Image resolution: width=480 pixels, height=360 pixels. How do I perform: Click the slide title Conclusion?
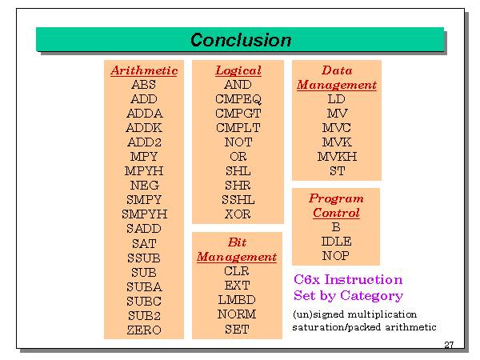(x=241, y=40)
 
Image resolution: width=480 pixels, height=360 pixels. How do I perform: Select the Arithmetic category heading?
(x=144, y=70)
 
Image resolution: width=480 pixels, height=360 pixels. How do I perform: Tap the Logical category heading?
(x=238, y=70)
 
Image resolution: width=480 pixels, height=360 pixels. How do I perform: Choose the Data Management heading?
(x=336, y=78)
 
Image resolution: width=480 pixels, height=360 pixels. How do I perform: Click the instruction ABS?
(x=144, y=85)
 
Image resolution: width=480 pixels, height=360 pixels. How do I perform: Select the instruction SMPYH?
(x=144, y=214)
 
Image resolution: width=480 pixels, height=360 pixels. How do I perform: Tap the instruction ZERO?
(x=144, y=330)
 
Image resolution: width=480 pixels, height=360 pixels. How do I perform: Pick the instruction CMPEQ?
(x=238, y=99)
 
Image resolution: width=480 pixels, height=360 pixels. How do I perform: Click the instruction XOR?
(x=238, y=214)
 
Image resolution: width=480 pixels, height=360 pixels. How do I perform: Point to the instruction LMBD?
(x=237, y=300)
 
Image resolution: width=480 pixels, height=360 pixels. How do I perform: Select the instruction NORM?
(x=237, y=314)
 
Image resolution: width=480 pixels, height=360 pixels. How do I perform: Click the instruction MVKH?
(x=337, y=156)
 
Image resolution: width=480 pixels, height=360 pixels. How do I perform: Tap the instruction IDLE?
(x=336, y=242)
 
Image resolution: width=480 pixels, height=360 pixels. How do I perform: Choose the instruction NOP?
(x=336, y=256)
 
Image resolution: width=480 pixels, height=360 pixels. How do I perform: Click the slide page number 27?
(x=450, y=345)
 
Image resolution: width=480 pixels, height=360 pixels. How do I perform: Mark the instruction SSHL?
(x=238, y=199)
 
